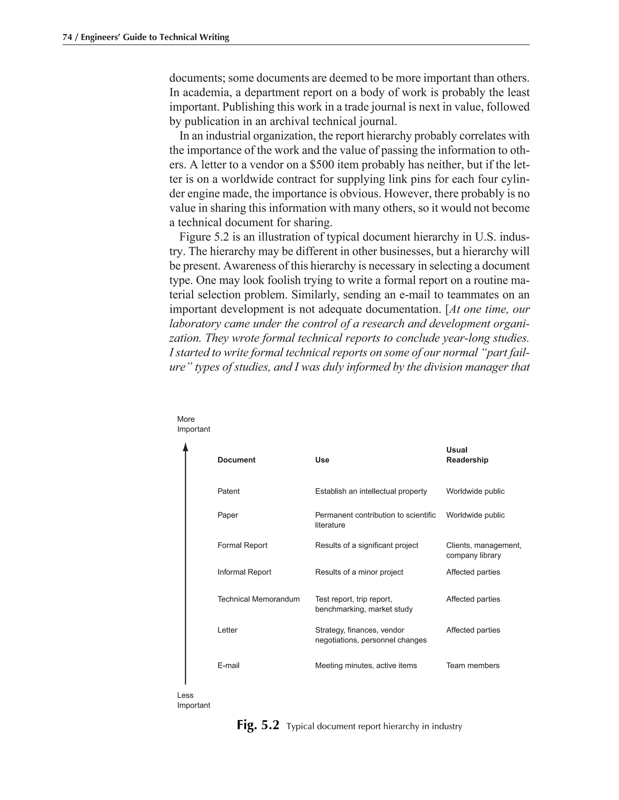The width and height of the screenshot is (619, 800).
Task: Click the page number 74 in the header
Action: click(67, 37)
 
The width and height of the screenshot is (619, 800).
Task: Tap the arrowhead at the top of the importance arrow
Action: click(185, 447)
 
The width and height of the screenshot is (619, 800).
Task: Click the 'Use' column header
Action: click(322, 460)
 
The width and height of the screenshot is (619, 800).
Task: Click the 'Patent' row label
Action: click(228, 491)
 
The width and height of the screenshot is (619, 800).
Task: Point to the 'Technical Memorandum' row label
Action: click(258, 599)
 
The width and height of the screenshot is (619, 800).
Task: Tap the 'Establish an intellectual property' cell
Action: click(371, 491)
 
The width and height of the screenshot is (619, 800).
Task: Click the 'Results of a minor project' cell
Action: click(359, 572)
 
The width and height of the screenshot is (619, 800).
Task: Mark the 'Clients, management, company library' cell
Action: click(483, 550)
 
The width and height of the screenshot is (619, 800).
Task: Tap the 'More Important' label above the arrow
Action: click(193, 424)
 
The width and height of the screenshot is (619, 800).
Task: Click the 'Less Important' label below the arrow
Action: click(193, 700)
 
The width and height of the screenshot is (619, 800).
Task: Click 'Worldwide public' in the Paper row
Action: click(475, 515)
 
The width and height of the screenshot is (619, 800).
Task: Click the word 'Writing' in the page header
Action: click(215, 37)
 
